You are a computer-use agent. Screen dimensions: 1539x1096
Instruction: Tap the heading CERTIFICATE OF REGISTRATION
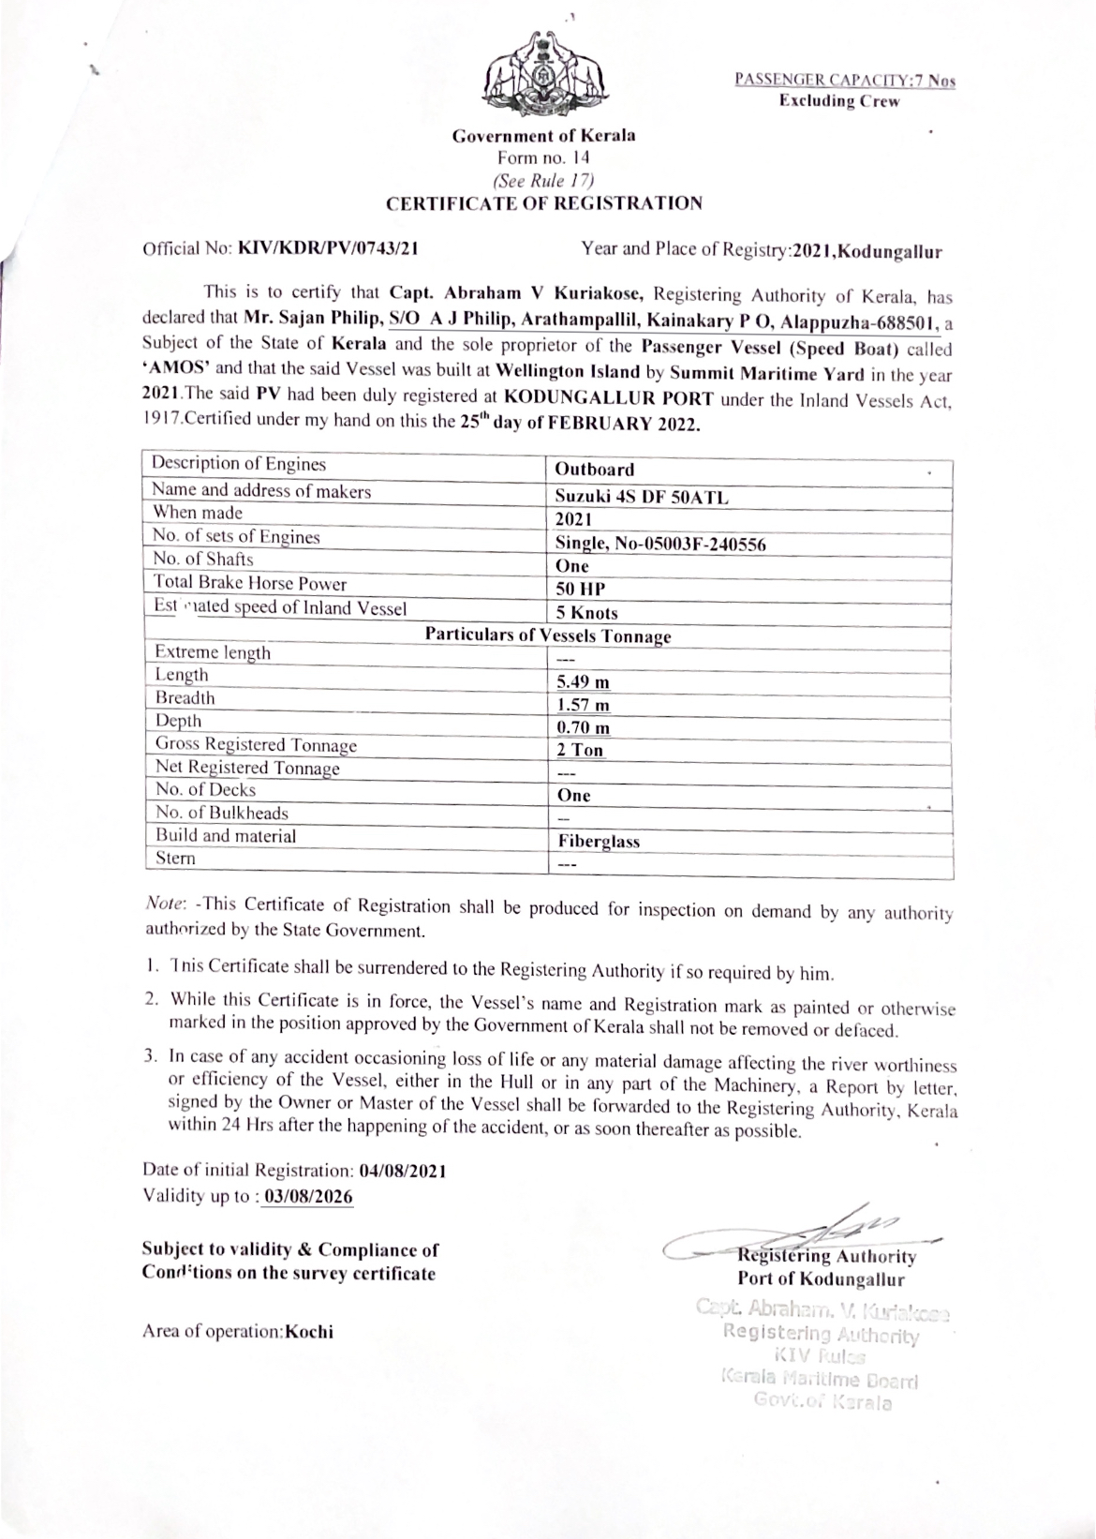[x=544, y=202]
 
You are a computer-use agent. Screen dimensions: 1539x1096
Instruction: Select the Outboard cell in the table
[x=594, y=470]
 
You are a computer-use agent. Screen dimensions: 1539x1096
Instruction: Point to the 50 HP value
[x=580, y=590]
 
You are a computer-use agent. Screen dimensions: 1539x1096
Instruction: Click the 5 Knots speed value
[x=586, y=613]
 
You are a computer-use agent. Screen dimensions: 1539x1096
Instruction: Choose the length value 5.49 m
[x=583, y=682]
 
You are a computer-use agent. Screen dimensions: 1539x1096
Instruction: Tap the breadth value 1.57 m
[x=583, y=705]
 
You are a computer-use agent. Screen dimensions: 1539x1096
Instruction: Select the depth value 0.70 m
[x=583, y=727]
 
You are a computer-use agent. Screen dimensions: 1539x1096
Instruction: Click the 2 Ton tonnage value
[x=580, y=750]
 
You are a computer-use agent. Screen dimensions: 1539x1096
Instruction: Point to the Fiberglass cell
[x=598, y=842]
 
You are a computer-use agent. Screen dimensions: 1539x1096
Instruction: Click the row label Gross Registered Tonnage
[x=256, y=745]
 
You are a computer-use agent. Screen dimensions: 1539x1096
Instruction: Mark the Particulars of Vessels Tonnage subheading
[x=548, y=635]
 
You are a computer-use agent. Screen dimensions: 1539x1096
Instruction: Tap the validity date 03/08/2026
[x=308, y=1197]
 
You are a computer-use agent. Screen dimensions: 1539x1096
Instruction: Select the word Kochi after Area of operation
[x=309, y=1332]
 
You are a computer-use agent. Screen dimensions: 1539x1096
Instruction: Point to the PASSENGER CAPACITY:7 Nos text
[x=844, y=81]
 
